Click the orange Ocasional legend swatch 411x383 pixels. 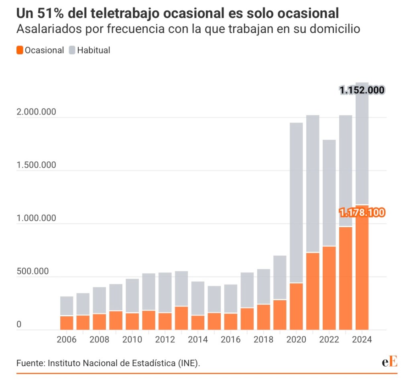click(x=20, y=50)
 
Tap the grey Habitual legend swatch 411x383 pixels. click(x=72, y=50)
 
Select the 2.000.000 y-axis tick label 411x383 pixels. click(x=36, y=112)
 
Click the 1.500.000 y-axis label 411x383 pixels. click(x=36, y=165)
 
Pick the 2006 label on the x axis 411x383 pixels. click(x=67, y=340)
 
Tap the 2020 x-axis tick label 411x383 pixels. click(x=297, y=340)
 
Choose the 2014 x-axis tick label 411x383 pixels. click(x=198, y=340)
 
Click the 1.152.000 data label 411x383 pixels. click(x=362, y=90)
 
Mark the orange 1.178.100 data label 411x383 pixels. click(x=362, y=212)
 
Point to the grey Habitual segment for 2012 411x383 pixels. click(x=165, y=292)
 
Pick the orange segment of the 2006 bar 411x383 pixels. click(x=67, y=323)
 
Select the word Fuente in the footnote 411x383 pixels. click(x=30, y=363)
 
